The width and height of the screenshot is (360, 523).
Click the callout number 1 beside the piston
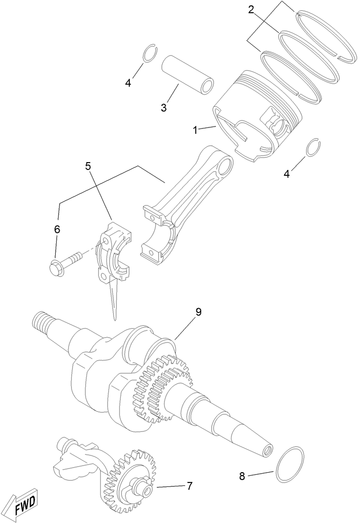pos(195,130)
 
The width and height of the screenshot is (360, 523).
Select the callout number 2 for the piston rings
pos(251,10)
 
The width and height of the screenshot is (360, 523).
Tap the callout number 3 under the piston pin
pos(164,107)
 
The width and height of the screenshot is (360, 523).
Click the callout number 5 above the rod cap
pos(88,166)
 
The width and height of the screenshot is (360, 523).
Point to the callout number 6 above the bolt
pos(57,229)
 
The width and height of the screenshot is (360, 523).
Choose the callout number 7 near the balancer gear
pos(190,486)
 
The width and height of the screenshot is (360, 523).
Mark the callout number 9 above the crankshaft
pos(198,312)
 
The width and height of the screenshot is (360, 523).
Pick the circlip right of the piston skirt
pos(313,149)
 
